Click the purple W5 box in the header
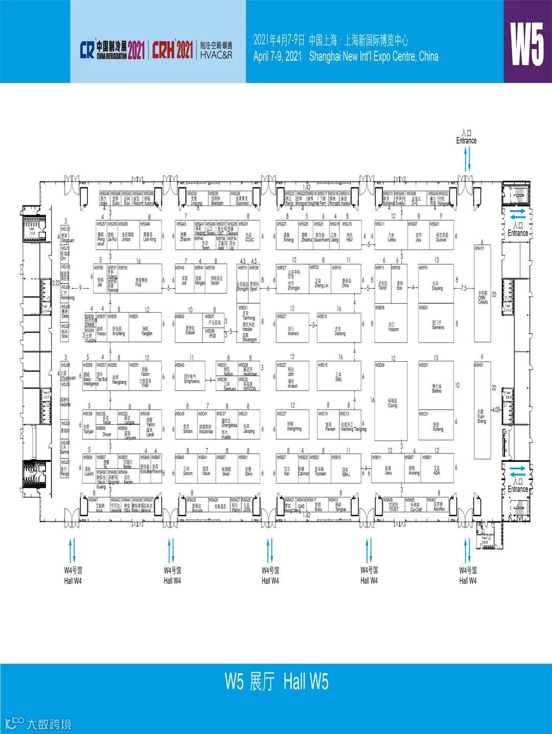tap(527, 41)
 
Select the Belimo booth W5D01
tap(436, 388)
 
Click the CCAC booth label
tap(249, 238)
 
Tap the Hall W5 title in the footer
tap(277, 681)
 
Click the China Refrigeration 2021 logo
tap(112, 49)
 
